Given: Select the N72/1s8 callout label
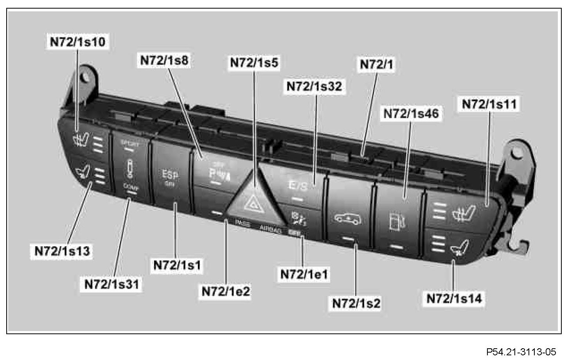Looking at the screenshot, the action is pos(164,61).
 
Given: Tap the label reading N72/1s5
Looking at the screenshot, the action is pos(254,63).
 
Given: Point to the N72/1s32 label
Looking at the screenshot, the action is pos(314,86).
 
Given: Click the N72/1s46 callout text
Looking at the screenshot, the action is pos(411,114).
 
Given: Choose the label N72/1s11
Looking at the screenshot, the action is pos(489,104).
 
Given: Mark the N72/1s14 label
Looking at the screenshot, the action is pos(454,299).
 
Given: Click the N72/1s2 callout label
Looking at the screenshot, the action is pos(356,303).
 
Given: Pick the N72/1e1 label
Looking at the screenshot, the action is pos(304,274).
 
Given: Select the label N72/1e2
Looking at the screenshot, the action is pos(226,292).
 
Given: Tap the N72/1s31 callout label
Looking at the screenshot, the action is pos(112,284).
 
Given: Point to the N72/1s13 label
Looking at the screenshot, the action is pos(62,251).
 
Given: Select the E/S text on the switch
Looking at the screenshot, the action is pos(298,186).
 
